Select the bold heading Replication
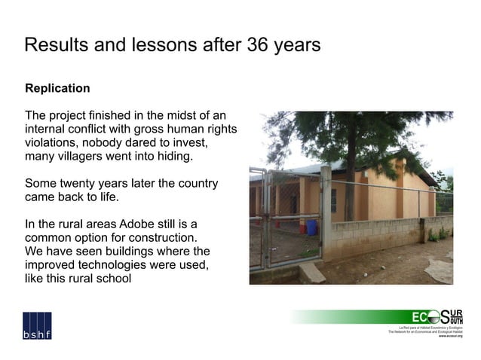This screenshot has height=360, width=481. pyautogui.click(x=57, y=88)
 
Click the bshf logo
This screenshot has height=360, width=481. pyautogui.click(x=37, y=325)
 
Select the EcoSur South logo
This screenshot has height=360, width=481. pyautogui.click(x=437, y=317)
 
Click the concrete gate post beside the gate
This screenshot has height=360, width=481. pyautogui.click(x=326, y=215)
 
